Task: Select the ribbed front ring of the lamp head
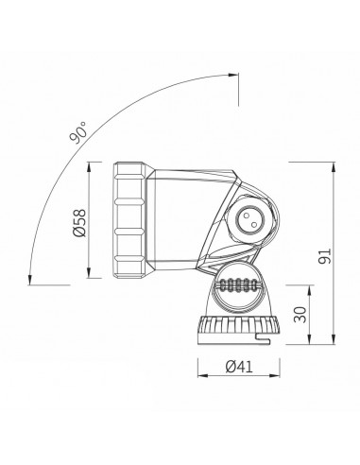click(x=129, y=221)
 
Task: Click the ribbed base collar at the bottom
click(x=235, y=329)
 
